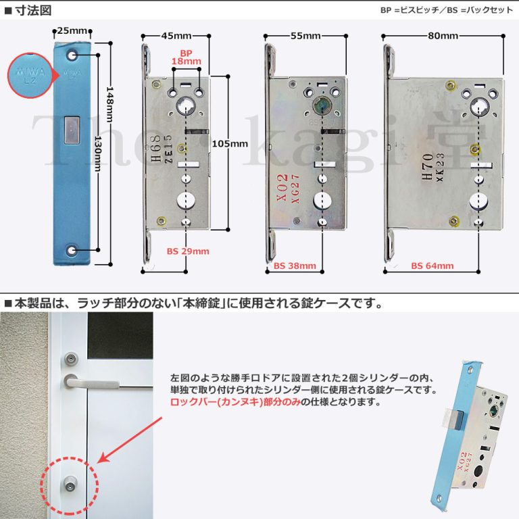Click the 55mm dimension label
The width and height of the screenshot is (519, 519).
pos(305,36)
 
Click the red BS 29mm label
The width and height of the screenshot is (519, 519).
pos(188,251)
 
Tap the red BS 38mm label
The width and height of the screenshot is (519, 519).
pos(295,266)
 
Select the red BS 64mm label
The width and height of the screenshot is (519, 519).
pos(432,266)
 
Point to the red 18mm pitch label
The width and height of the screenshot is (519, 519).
pos(187,61)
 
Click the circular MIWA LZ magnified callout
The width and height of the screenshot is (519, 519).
pos(30,74)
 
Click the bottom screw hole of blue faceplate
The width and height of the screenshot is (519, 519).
pos(72,251)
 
